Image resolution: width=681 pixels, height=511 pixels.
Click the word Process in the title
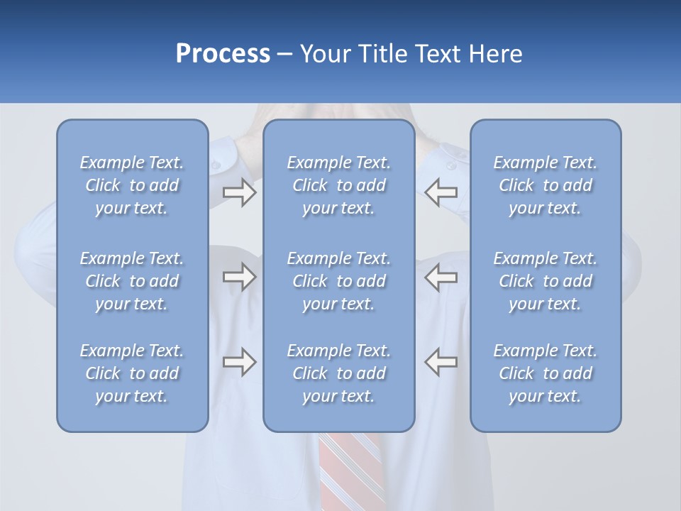223,54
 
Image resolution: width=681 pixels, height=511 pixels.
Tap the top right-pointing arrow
240,192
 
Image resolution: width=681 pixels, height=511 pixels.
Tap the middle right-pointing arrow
240,277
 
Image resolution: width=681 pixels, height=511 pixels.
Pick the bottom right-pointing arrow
240,362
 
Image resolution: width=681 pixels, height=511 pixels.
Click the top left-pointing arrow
441,192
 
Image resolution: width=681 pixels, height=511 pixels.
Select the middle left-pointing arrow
441,277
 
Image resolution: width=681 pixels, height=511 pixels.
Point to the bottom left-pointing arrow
441,362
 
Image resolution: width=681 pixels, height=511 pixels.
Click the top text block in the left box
132,185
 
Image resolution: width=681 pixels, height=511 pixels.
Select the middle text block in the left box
132,281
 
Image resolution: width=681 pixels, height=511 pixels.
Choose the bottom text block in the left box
132,373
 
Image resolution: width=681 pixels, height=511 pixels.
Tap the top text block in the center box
339,185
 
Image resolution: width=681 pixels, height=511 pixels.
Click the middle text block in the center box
339,281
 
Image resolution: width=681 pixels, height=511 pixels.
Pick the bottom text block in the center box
339,373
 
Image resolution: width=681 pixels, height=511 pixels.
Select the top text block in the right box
546,185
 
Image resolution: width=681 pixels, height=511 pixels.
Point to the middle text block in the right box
546,281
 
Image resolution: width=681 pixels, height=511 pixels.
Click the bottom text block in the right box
546,373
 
